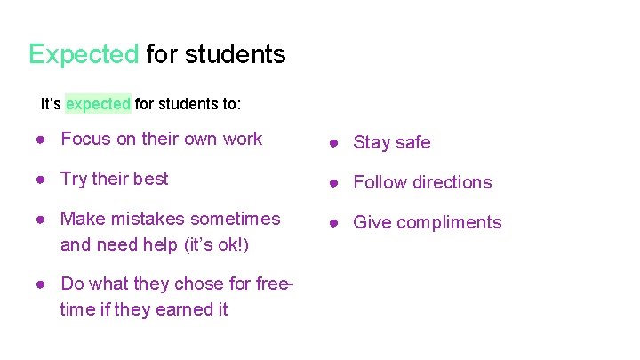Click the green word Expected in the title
tap(84, 54)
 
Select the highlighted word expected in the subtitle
tap(98, 104)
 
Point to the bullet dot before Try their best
tap(42, 180)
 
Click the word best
tap(150, 179)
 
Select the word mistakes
tap(137, 219)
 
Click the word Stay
tap(370, 142)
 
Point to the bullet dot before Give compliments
tap(335, 223)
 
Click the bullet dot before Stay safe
tap(335, 143)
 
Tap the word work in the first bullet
tap(243, 139)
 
